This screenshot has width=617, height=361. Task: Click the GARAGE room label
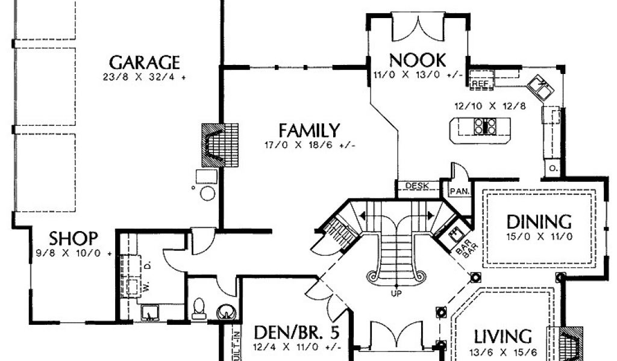pyautogui.click(x=145, y=62)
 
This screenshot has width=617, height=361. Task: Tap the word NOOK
pyautogui.click(x=417, y=60)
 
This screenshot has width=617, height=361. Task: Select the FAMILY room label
pyautogui.click(x=308, y=130)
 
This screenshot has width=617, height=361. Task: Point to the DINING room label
pyautogui.click(x=539, y=221)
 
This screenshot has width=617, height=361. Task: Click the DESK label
pyautogui.click(x=417, y=186)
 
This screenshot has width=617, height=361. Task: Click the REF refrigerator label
pyautogui.click(x=480, y=83)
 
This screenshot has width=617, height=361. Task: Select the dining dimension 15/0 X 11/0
pyautogui.click(x=539, y=236)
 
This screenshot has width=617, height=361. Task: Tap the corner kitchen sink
pyautogui.click(x=541, y=88)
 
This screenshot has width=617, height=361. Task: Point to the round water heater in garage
pyautogui.click(x=207, y=193)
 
